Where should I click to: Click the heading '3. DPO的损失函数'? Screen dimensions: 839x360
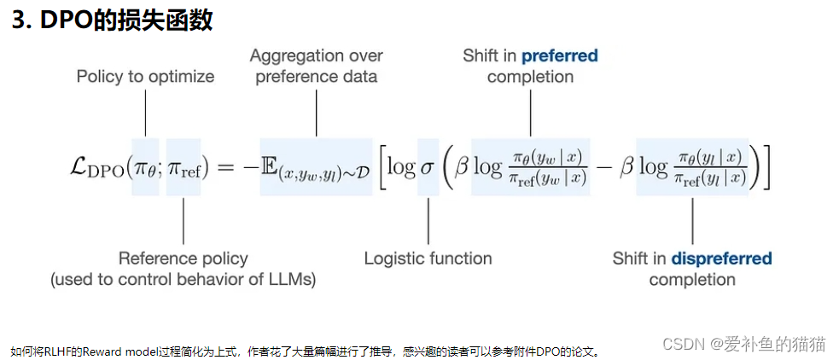click(112, 20)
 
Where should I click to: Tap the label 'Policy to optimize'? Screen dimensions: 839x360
click(145, 77)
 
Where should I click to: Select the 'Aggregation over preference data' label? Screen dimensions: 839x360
click(317, 66)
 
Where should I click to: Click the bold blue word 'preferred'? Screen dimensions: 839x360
click(559, 55)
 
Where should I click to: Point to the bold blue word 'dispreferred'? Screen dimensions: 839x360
click(721, 258)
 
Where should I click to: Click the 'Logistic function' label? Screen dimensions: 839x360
click(428, 258)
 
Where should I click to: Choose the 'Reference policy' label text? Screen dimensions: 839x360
click(184, 258)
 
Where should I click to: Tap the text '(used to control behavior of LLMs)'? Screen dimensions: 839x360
click(184, 280)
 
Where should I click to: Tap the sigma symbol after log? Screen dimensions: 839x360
click(428, 167)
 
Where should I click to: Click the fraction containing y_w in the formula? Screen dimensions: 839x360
click(546, 167)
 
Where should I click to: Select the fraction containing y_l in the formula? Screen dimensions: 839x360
click(709, 167)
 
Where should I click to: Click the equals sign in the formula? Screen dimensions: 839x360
click(226, 167)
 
